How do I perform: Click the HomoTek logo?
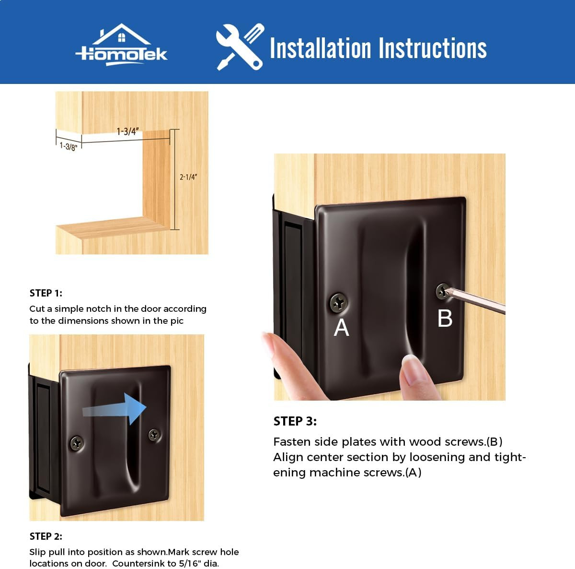121,45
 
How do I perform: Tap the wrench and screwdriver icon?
240,47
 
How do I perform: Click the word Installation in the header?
320,48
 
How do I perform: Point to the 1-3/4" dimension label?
127,131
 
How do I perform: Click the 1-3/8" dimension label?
69,146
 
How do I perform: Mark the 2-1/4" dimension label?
188,177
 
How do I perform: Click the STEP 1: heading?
46,293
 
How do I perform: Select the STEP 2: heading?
46,536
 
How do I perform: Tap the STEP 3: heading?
295,421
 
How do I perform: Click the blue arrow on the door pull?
115,409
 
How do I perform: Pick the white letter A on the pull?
341,328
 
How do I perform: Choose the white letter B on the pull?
445,318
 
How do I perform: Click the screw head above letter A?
338,302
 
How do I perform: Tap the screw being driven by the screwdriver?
442,291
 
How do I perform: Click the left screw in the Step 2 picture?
77,443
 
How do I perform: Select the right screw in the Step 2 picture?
154,435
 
